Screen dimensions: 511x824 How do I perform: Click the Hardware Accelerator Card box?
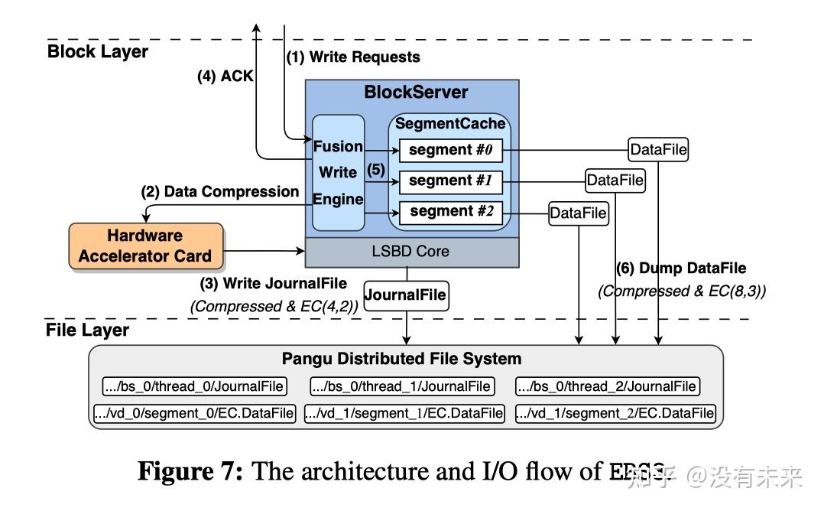pos(145,246)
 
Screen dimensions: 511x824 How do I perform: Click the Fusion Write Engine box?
pos(338,171)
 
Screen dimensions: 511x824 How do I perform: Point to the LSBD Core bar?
pos(411,251)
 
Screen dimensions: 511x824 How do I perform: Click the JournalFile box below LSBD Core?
pos(405,295)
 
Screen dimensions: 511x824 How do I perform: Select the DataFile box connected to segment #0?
pos(657,150)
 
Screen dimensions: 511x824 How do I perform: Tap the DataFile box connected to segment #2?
pos(578,213)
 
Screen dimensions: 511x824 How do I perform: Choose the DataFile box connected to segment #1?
pos(615,181)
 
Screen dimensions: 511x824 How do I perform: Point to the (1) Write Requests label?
pos(353,57)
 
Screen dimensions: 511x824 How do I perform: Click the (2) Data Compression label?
pos(220,191)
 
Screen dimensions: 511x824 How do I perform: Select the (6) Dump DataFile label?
pos(681,269)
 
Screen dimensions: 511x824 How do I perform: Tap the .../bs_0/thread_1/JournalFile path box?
pos(401,386)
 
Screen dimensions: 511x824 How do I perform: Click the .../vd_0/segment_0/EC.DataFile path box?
pos(194,414)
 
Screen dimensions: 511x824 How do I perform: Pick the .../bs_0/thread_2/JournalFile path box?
pos(607,386)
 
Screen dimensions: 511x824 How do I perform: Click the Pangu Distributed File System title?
pos(401,359)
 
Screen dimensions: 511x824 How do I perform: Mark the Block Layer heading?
pos(98,52)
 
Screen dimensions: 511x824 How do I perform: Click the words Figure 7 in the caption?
pos(189,471)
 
